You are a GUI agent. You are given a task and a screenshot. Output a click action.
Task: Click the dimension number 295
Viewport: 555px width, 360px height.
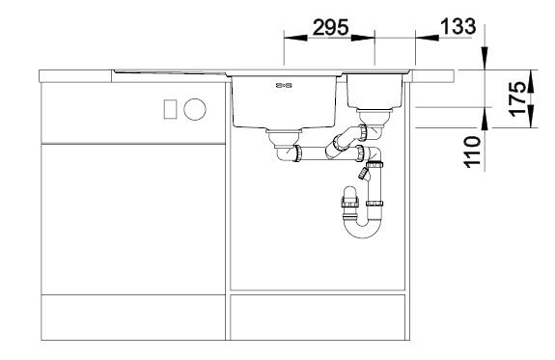coord(329,28)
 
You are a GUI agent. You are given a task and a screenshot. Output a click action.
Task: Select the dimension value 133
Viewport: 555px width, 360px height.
coord(454,27)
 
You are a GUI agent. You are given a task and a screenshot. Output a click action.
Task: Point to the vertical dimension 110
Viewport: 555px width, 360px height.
coord(471,152)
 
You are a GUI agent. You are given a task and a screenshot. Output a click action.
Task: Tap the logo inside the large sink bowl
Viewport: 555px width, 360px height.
coord(285,88)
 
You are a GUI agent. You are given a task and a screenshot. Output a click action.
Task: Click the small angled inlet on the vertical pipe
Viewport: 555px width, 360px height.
coord(363,173)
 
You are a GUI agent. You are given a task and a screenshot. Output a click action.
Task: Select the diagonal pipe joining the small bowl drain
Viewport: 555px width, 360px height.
coord(343,141)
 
